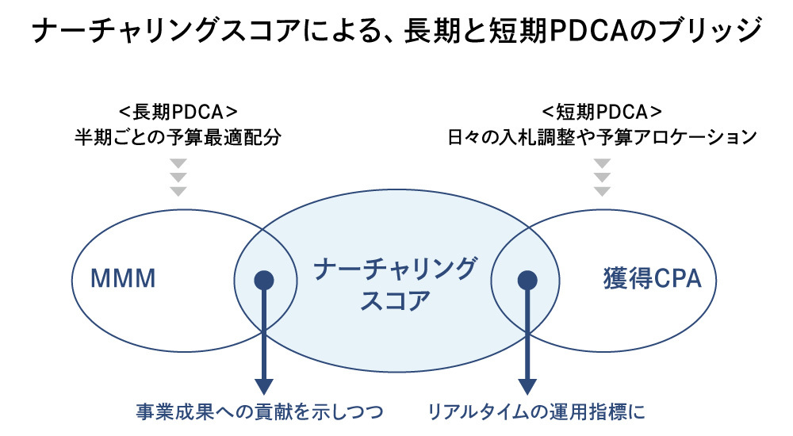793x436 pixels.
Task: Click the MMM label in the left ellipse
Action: pos(122,279)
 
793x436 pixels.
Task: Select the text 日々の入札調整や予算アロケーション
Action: pos(602,137)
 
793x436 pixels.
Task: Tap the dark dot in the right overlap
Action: pos(527,280)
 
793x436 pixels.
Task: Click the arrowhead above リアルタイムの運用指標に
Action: pos(527,385)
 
